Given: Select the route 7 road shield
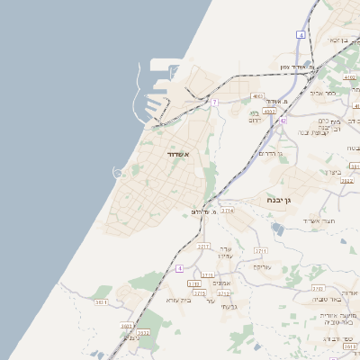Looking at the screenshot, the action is point(214,103).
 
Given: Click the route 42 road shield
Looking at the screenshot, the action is point(282,121).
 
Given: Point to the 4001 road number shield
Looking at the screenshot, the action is point(257,96).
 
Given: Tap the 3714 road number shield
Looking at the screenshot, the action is point(228,210).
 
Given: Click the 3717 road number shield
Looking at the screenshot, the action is point(203,246).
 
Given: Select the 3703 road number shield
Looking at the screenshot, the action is point(318,288).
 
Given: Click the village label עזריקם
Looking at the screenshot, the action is point(262,266).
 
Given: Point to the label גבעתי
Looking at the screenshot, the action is point(229,307).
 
